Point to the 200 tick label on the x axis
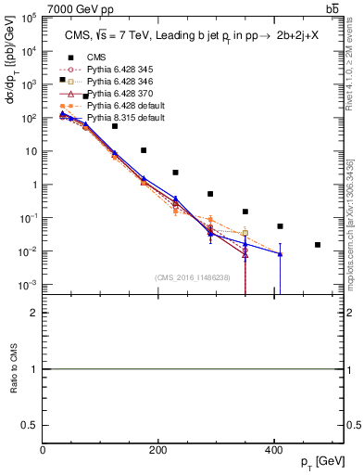coord(157,452)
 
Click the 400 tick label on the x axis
coord(272,452)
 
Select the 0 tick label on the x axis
coord(43,452)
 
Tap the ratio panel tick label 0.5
coord(30,424)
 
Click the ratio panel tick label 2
coord(33,313)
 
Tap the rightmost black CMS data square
coord(318,245)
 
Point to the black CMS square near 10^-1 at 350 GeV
coord(245,212)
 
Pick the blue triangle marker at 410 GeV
coord(280,253)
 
